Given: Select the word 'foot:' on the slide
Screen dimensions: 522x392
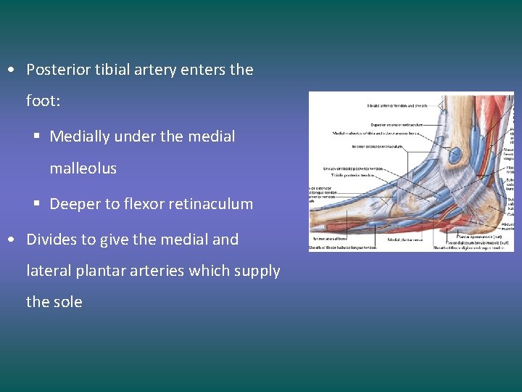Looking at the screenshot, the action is tap(43, 101).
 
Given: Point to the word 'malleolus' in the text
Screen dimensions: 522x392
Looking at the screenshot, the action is tap(83, 168).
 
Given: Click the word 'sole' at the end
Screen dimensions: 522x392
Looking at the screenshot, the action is tap(67, 302).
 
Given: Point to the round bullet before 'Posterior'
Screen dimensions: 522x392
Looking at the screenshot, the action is tap(13, 70).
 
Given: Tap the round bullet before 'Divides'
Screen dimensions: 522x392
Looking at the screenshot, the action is tap(13, 240).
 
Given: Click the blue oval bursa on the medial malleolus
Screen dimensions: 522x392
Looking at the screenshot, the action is tap(455, 155).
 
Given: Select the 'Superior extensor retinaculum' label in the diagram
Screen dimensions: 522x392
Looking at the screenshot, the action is tap(397, 125).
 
